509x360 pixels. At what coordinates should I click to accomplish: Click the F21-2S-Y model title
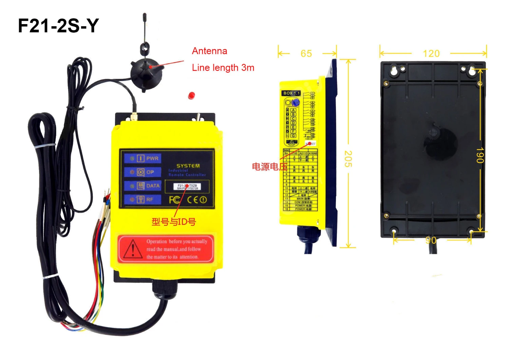(x=58, y=26)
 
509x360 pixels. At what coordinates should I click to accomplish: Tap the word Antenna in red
(x=209, y=51)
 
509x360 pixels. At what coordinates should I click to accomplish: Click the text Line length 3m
(x=223, y=68)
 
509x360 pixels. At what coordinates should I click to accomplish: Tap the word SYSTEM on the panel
(x=188, y=166)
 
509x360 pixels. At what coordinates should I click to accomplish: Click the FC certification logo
(x=175, y=200)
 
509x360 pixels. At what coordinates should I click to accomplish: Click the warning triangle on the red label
(x=133, y=249)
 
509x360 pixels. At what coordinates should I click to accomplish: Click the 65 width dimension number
(x=306, y=54)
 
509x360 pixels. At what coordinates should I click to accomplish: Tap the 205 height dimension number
(x=348, y=159)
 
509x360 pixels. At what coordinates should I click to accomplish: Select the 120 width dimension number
(x=431, y=54)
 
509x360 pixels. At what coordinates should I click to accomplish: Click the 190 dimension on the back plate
(x=480, y=155)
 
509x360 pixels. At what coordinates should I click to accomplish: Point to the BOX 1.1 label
(x=291, y=93)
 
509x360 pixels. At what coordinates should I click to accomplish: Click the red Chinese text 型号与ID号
(x=173, y=222)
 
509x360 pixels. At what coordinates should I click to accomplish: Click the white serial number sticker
(x=187, y=187)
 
